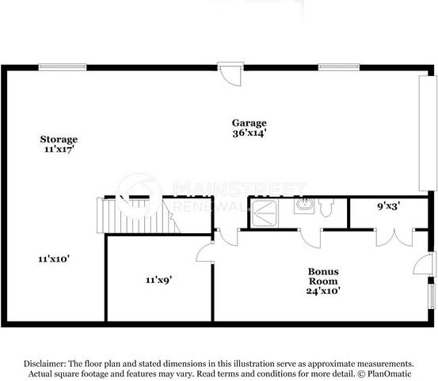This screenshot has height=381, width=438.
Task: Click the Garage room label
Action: pos(249,123)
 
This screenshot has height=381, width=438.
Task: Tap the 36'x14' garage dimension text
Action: pos(249,134)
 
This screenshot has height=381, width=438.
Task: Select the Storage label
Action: pos(59,139)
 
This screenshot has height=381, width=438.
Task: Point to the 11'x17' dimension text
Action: pos(59,149)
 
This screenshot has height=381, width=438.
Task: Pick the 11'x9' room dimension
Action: pos(159,279)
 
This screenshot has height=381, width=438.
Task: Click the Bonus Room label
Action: pos(323,276)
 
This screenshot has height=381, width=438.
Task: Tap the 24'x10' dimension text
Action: pos(323,292)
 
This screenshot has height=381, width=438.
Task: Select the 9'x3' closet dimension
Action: pos(387,206)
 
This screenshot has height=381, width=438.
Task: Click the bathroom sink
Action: pos(304,206)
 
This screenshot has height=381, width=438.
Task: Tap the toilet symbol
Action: pos(327,206)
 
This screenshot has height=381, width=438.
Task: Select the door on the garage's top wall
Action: pos(230,74)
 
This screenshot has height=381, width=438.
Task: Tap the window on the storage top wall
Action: pos(63,67)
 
